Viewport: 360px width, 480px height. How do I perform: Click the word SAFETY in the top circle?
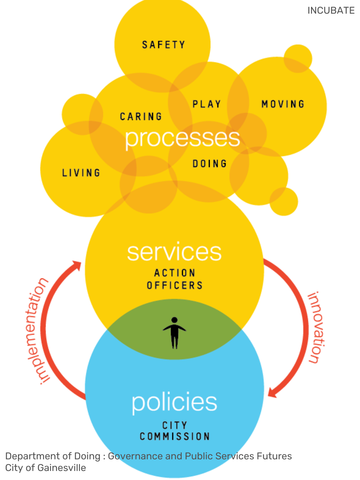pyautogui.click(x=163, y=45)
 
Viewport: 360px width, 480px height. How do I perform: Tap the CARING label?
pyautogui.click(x=141, y=116)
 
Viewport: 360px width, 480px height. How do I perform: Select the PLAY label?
pyautogui.click(x=207, y=104)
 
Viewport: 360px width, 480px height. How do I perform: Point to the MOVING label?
pyautogui.click(x=283, y=104)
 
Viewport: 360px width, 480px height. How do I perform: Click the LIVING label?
pyautogui.click(x=81, y=173)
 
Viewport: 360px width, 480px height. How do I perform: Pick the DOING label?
pyautogui.click(x=210, y=164)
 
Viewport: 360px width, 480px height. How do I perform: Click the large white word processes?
pyautogui.click(x=182, y=138)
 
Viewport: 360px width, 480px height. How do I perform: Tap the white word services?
pyautogui.click(x=174, y=252)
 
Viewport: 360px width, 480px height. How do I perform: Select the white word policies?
pyautogui.click(x=174, y=402)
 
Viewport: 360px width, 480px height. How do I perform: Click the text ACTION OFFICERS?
pyautogui.click(x=175, y=279)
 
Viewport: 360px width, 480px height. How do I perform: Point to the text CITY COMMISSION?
pyautogui.click(x=175, y=431)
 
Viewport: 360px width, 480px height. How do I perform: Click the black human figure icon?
pyautogui.click(x=174, y=333)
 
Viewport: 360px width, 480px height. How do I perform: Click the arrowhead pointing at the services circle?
pyautogui.click(x=77, y=266)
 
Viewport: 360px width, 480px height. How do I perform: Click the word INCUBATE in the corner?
pyautogui.click(x=331, y=11)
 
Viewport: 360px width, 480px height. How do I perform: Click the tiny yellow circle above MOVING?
pyautogui.click(x=298, y=58)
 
